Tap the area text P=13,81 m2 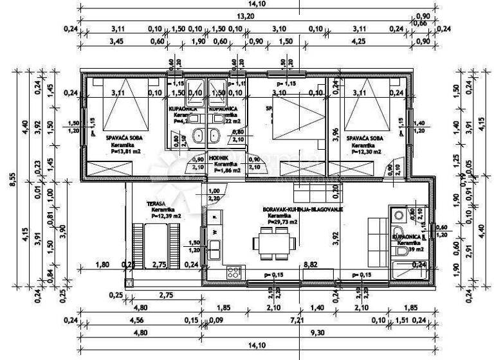122,152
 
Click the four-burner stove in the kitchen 234,272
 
